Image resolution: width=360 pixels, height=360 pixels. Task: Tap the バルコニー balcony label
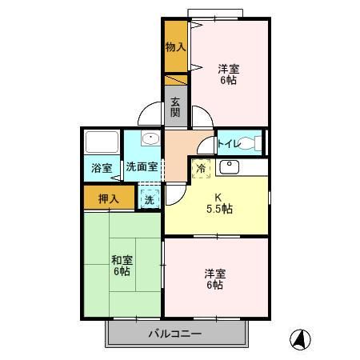point(174,334)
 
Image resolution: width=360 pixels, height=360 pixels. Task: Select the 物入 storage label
point(175,47)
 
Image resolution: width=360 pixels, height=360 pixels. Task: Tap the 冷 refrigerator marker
point(202,169)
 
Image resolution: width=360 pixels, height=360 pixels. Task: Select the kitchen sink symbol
point(229,166)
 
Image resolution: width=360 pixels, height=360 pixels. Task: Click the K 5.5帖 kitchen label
point(216,203)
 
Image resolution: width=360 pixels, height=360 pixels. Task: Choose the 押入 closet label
point(109,198)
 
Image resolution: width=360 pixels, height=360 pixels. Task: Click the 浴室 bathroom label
point(102,169)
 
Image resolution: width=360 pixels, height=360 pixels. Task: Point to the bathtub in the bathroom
point(102,142)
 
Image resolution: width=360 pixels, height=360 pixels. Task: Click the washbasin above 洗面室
point(150,139)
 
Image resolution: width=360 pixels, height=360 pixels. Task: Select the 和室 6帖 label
point(122,266)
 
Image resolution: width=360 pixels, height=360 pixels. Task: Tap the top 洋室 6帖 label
point(228,74)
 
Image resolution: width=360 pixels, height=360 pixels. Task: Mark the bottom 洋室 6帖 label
point(214,279)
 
